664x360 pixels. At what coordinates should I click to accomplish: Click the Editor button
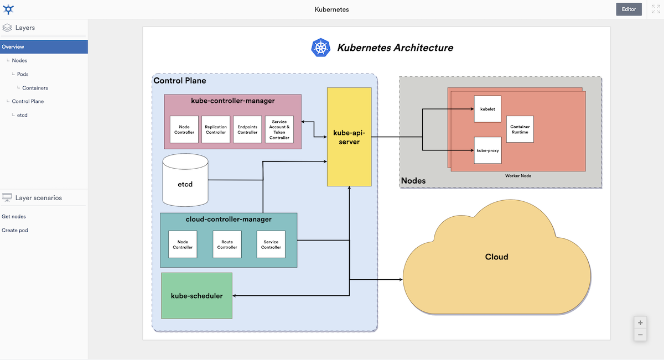pyautogui.click(x=629, y=9)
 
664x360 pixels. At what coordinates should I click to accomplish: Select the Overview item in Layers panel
pyautogui.click(x=13, y=47)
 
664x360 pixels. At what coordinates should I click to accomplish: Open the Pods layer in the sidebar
pyautogui.click(x=23, y=74)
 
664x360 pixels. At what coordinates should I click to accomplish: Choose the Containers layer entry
pyautogui.click(x=35, y=88)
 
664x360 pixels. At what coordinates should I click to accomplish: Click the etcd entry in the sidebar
pyautogui.click(x=22, y=115)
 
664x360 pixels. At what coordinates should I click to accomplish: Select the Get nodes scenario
pyautogui.click(x=14, y=217)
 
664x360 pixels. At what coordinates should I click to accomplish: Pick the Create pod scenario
pyautogui.click(x=15, y=230)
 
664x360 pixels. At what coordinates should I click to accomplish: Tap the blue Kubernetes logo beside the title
pyautogui.click(x=320, y=48)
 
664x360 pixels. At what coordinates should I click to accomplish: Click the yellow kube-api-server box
pyautogui.click(x=349, y=137)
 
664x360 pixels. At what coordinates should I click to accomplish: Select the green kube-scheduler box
pyautogui.click(x=196, y=296)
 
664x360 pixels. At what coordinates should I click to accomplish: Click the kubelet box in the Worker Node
pyautogui.click(x=487, y=109)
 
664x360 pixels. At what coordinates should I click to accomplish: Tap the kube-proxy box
pyautogui.click(x=487, y=150)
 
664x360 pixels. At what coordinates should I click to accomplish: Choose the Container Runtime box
pyautogui.click(x=520, y=129)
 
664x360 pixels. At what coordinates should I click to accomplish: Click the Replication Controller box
pyautogui.click(x=216, y=129)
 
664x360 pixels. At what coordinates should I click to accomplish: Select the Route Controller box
pyautogui.click(x=227, y=244)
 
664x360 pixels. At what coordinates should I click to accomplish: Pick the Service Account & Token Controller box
pyautogui.click(x=279, y=129)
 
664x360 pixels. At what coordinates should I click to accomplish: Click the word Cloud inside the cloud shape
pyautogui.click(x=496, y=257)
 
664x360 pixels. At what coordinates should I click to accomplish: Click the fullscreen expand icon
pyautogui.click(x=656, y=9)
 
